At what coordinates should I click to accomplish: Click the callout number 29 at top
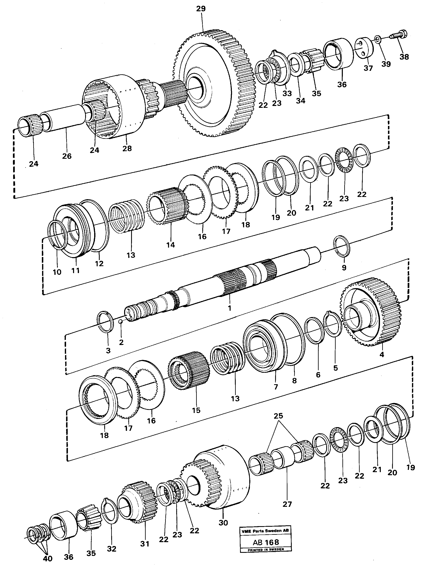point(201,8)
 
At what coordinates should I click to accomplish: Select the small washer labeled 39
point(378,39)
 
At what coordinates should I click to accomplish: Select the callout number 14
point(170,245)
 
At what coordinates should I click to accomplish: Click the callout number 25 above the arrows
point(278,416)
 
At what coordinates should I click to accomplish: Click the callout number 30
point(223,523)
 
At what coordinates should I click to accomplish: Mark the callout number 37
point(368,68)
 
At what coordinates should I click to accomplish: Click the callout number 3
point(108,351)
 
